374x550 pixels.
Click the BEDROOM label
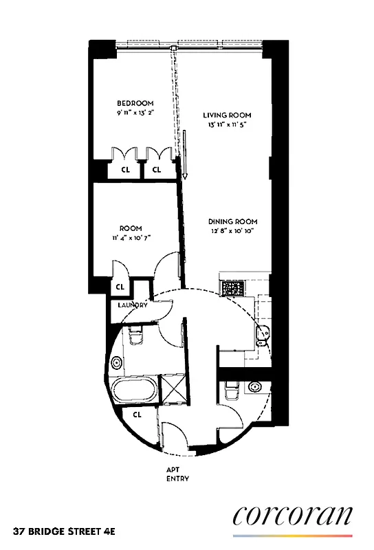point(135,103)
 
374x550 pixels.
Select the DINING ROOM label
point(233,221)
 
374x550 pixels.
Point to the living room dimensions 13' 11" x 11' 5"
point(227,124)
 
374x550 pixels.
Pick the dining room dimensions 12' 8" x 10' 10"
point(233,232)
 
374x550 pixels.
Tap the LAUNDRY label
point(133,305)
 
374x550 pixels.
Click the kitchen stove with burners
point(232,286)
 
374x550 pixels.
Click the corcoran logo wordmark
point(293,516)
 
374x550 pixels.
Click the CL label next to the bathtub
point(137,415)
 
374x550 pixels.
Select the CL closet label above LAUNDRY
point(120,287)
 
